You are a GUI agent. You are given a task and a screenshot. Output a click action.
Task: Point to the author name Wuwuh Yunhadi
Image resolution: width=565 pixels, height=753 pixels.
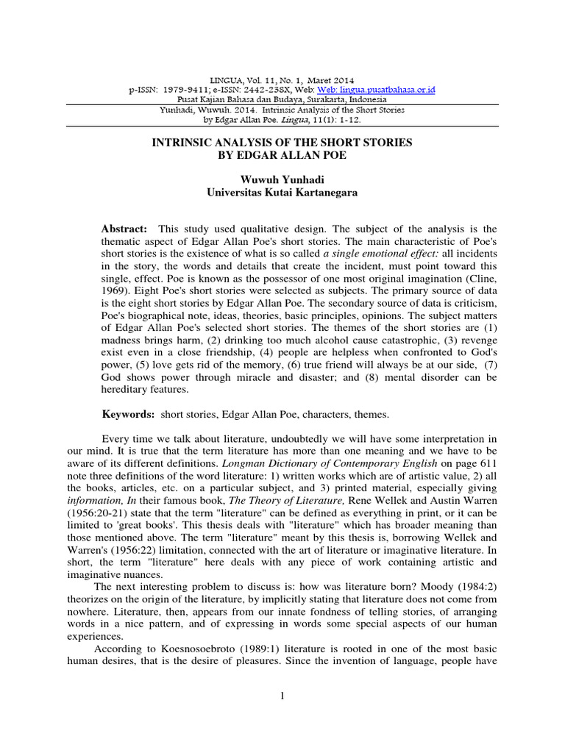282,179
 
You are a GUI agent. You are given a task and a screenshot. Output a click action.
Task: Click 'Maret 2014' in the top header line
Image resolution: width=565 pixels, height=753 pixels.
329,79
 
